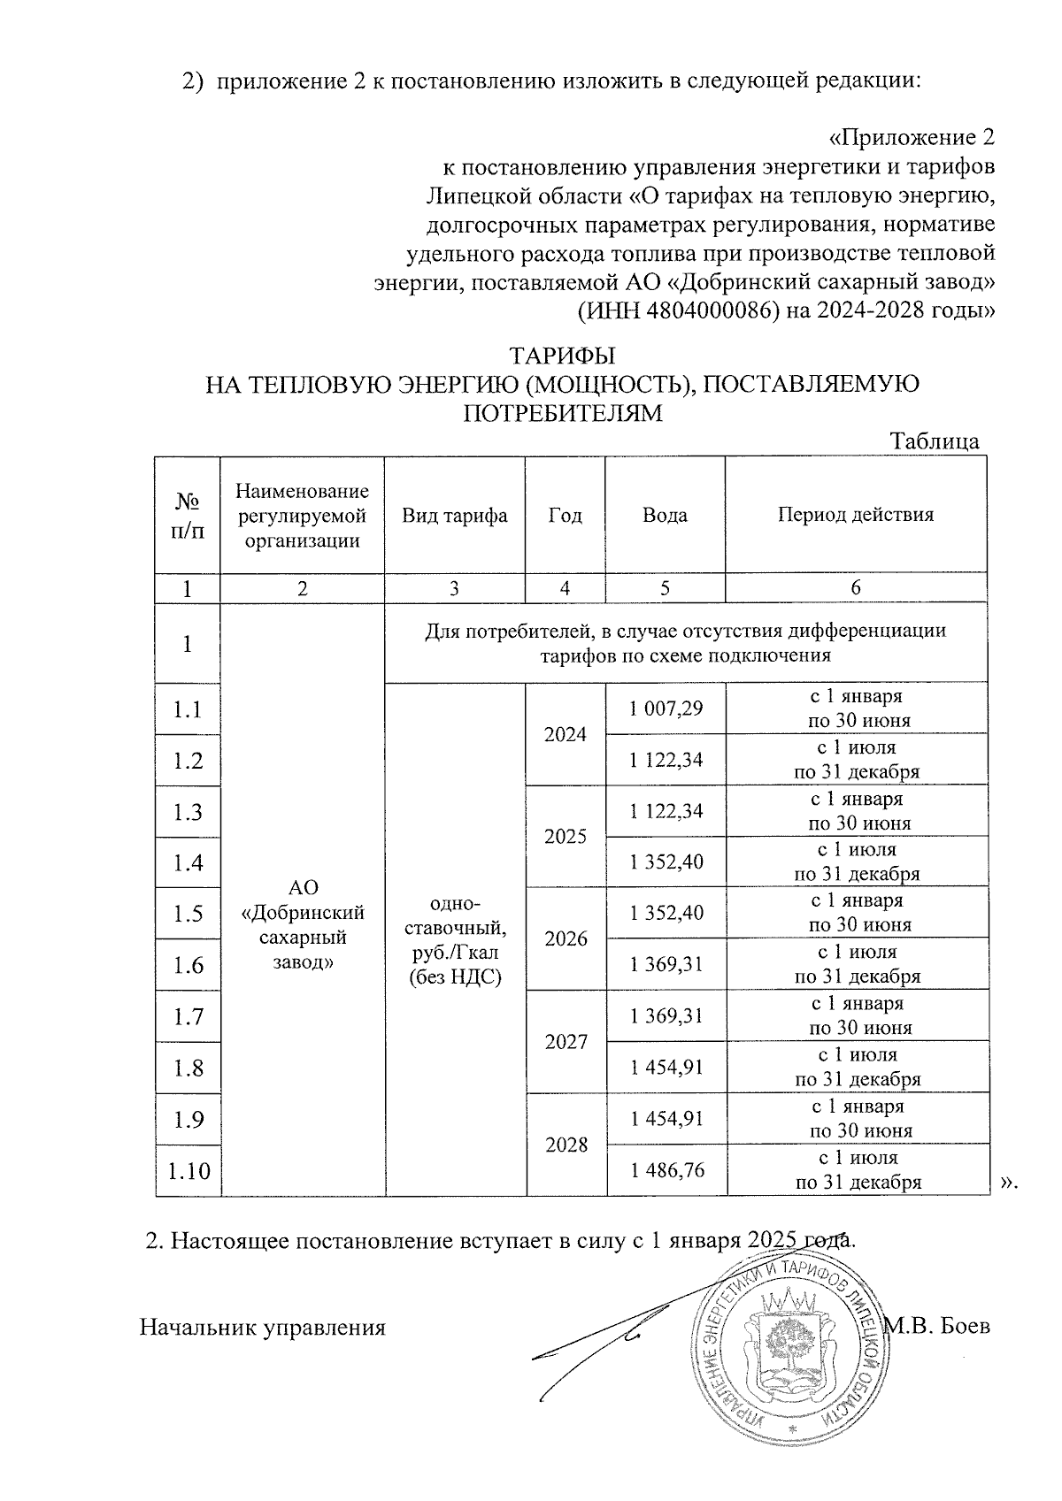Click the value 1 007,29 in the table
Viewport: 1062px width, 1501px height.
(x=666, y=708)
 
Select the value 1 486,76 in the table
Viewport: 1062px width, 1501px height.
(x=666, y=1170)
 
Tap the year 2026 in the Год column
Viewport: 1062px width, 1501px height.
(x=566, y=938)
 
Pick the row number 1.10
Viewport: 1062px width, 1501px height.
(x=189, y=1171)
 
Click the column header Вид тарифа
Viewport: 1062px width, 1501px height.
(x=455, y=516)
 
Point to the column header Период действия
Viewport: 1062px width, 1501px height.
(x=855, y=515)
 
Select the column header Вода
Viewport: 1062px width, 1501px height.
(x=665, y=516)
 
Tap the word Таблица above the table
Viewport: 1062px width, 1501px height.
(x=934, y=441)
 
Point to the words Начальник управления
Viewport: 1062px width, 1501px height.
(x=263, y=1327)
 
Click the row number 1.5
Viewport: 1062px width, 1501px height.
(x=188, y=914)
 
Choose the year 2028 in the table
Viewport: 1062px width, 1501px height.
(x=566, y=1145)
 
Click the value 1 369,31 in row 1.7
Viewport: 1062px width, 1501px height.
(x=666, y=1016)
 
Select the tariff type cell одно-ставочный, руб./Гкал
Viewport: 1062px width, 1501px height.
(x=455, y=939)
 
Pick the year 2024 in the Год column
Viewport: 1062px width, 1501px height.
(x=566, y=733)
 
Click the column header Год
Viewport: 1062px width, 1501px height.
(x=566, y=516)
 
